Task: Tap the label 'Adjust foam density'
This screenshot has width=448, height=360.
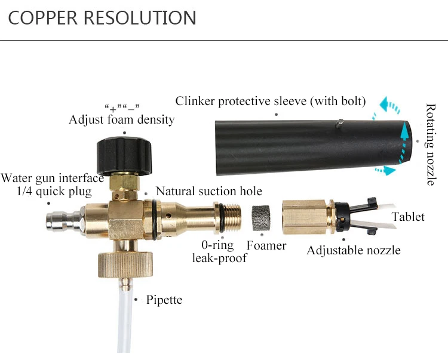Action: [122, 119]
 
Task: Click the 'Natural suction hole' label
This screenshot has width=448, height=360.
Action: [209, 191]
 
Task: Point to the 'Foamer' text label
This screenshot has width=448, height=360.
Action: [266, 245]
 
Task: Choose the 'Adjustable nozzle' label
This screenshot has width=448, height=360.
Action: [354, 250]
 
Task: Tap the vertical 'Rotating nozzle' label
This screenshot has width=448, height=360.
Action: [431, 145]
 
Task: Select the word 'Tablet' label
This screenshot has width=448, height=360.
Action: [409, 216]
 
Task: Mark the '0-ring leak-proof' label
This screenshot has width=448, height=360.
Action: [215, 251]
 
